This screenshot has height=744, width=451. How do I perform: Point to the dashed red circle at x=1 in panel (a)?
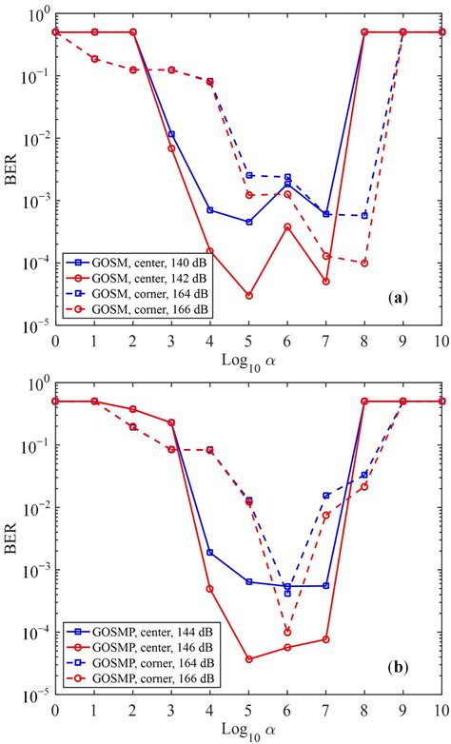point(94,59)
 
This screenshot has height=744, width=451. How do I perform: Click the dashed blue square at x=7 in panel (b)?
point(326,496)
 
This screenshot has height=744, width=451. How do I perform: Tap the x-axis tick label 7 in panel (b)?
point(326,712)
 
